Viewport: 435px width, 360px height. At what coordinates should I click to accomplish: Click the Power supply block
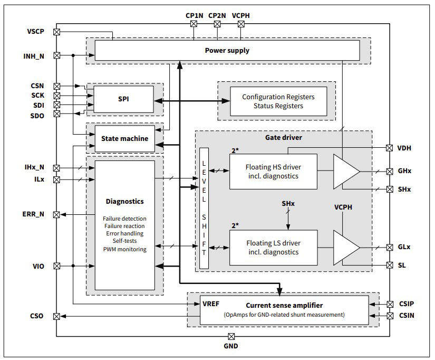(x=227, y=51)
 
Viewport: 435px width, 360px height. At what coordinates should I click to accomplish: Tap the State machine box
(x=124, y=139)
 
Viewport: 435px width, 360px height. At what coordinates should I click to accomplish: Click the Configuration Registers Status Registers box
(x=278, y=101)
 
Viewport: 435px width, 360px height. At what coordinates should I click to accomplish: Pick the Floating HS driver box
(x=273, y=172)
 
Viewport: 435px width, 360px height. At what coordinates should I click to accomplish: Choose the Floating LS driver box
(x=273, y=247)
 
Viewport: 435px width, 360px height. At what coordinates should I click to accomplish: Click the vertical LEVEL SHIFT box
(x=204, y=209)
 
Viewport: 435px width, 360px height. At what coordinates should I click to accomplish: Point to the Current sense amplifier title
(x=284, y=305)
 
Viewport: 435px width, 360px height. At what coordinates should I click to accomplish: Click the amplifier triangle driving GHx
(x=345, y=172)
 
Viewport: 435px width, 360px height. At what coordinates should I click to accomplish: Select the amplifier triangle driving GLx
(x=345, y=247)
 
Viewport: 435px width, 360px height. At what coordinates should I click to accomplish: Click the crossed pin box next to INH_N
(x=57, y=55)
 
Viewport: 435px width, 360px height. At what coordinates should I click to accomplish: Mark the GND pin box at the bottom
(x=231, y=337)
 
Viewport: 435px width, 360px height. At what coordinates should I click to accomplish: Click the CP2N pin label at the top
(x=217, y=15)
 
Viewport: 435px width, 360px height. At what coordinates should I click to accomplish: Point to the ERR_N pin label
(x=34, y=215)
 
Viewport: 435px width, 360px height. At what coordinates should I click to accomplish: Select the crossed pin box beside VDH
(x=390, y=148)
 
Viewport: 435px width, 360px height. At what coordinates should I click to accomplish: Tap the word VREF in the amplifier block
(x=211, y=304)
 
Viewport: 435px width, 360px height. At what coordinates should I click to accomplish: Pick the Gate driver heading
(x=283, y=137)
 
